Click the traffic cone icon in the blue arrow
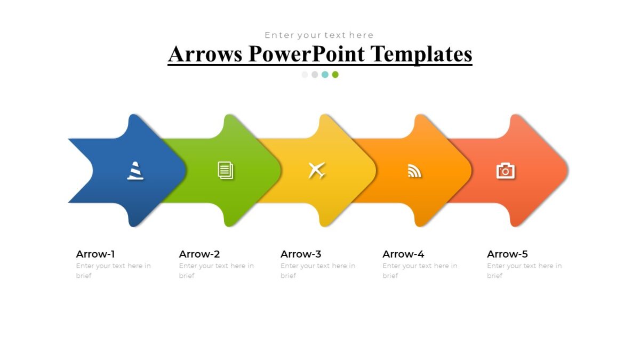(x=135, y=171)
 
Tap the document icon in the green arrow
(x=226, y=171)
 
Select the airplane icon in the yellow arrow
(x=317, y=171)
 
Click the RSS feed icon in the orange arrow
(x=414, y=171)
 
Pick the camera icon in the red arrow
(x=505, y=171)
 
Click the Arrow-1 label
(x=95, y=254)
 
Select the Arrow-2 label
(x=199, y=254)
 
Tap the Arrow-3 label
(x=301, y=254)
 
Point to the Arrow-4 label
(x=403, y=254)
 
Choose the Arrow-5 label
(x=507, y=254)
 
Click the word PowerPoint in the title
(x=306, y=54)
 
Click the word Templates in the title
(x=421, y=54)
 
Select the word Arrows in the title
(x=205, y=54)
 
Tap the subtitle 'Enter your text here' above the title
(x=319, y=35)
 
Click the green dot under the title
(x=335, y=75)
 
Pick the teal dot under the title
(x=325, y=75)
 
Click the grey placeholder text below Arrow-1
(x=113, y=270)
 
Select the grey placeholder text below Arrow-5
(x=524, y=270)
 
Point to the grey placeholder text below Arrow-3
(x=317, y=270)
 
